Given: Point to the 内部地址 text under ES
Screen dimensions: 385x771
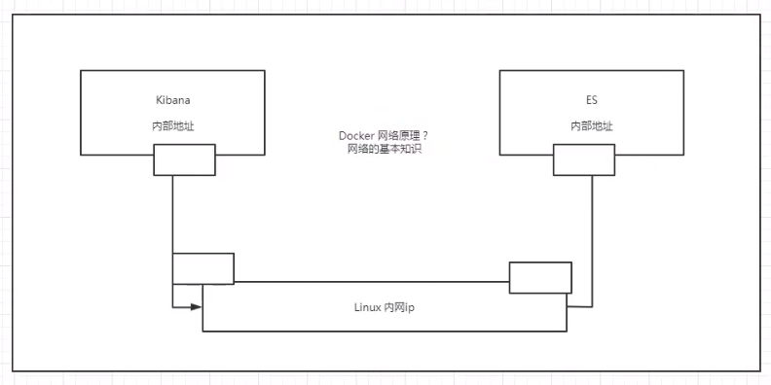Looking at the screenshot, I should [x=582, y=127].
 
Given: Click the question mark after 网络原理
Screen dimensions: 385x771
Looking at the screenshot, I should [x=425, y=136].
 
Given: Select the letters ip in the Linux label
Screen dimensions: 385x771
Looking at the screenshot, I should [x=411, y=306].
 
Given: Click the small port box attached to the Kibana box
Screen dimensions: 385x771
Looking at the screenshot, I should [x=184, y=159].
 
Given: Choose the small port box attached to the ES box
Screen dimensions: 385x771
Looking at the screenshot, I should [x=584, y=159].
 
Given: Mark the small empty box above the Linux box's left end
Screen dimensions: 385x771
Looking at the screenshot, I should [x=203, y=268].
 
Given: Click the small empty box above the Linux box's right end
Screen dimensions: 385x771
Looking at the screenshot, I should [x=540, y=277].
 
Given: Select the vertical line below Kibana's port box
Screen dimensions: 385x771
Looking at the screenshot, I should [x=172, y=214].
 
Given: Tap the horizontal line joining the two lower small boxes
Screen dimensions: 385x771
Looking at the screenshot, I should [x=370, y=282].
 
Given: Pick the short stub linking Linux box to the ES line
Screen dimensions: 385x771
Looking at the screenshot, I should [x=579, y=306].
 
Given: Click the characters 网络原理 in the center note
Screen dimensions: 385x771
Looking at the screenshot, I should [x=402, y=136].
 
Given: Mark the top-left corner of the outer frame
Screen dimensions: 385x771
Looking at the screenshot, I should [x=13, y=17].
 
